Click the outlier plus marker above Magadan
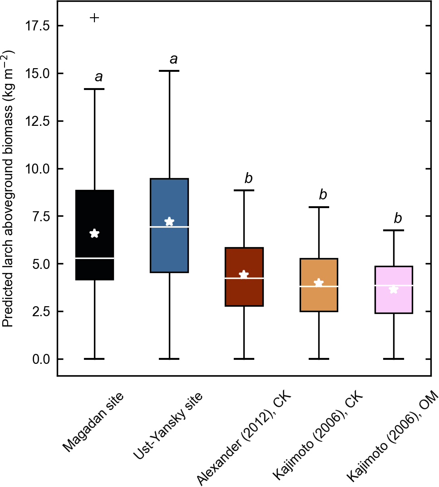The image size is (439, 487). [x=94, y=18]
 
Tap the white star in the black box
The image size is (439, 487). [x=94, y=234]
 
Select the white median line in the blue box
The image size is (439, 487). [x=169, y=226]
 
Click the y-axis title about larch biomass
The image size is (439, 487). [x=8, y=189]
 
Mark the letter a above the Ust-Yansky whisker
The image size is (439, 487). [x=173, y=59]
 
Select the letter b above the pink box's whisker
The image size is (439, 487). [x=398, y=219]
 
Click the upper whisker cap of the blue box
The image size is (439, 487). [x=169, y=71]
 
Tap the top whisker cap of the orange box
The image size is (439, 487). [x=318, y=207]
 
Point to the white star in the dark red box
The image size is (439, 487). [x=244, y=275]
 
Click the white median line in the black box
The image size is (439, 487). [x=94, y=258]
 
